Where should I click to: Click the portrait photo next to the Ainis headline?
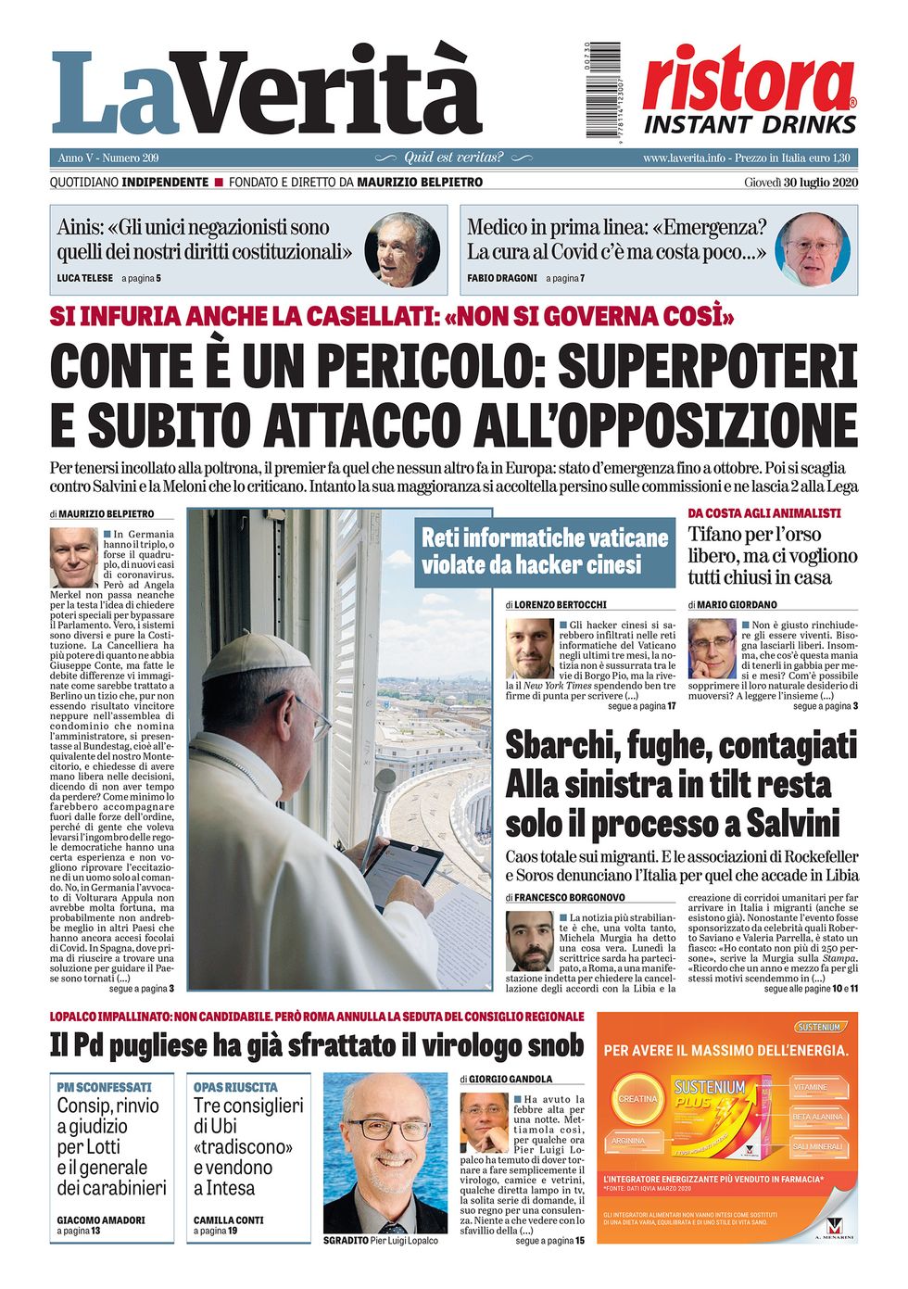click(x=401, y=249)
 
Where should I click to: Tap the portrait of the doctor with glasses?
click(x=813, y=249)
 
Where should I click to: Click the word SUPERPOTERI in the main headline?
click(x=707, y=365)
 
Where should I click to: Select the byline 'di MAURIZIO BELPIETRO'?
click(x=103, y=513)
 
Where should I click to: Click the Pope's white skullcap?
click(x=255, y=656)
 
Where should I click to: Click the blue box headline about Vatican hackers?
click(x=545, y=550)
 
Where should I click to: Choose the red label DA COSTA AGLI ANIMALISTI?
click(x=764, y=512)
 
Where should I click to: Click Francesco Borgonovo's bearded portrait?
click(x=530, y=941)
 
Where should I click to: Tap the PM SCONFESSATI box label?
click(x=104, y=1086)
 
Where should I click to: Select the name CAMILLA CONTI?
click(x=229, y=1219)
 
